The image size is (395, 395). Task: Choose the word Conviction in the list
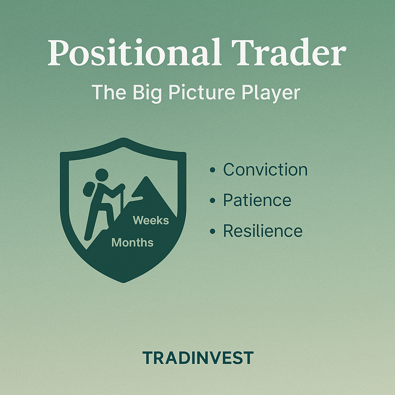265,170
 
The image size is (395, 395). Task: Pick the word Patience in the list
257,201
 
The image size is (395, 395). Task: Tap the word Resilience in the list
263,231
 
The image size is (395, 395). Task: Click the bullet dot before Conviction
212,170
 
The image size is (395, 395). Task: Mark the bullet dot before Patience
212,201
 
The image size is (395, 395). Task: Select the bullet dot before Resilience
212,231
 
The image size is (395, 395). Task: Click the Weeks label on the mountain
151,220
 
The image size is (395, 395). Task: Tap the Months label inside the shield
132,243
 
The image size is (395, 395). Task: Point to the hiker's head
101,175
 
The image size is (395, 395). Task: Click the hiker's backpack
88,189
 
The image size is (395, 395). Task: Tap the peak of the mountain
146,178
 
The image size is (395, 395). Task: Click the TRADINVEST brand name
197,358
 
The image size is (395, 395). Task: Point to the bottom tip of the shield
123,282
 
